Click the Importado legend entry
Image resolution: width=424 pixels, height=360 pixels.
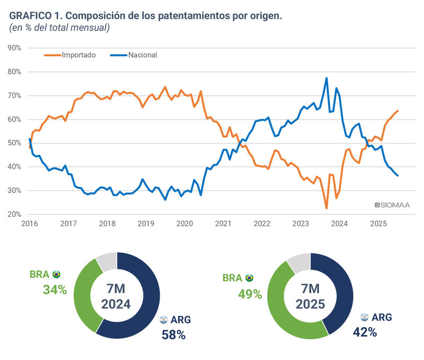[78, 55]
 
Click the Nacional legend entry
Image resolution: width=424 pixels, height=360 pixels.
[142, 55]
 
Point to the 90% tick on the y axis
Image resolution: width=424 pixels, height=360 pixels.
[15, 48]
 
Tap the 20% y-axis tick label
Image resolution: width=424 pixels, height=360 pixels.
[15, 214]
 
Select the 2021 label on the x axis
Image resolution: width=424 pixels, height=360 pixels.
[223, 224]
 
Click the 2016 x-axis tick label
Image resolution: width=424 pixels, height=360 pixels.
[30, 224]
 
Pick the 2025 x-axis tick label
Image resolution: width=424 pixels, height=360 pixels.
[378, 224]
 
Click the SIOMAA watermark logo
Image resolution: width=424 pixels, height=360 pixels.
[392, 205]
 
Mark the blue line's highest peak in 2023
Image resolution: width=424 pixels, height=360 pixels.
[326, 78]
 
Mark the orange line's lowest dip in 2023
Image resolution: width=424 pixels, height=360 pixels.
[326, 208]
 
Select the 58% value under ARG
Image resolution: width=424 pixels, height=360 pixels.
[173, 334]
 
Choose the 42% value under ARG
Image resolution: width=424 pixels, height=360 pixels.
[365, 332]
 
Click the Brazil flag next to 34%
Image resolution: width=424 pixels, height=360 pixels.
[56, 274]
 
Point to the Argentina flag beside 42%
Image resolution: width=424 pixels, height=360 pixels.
[364, 317]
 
